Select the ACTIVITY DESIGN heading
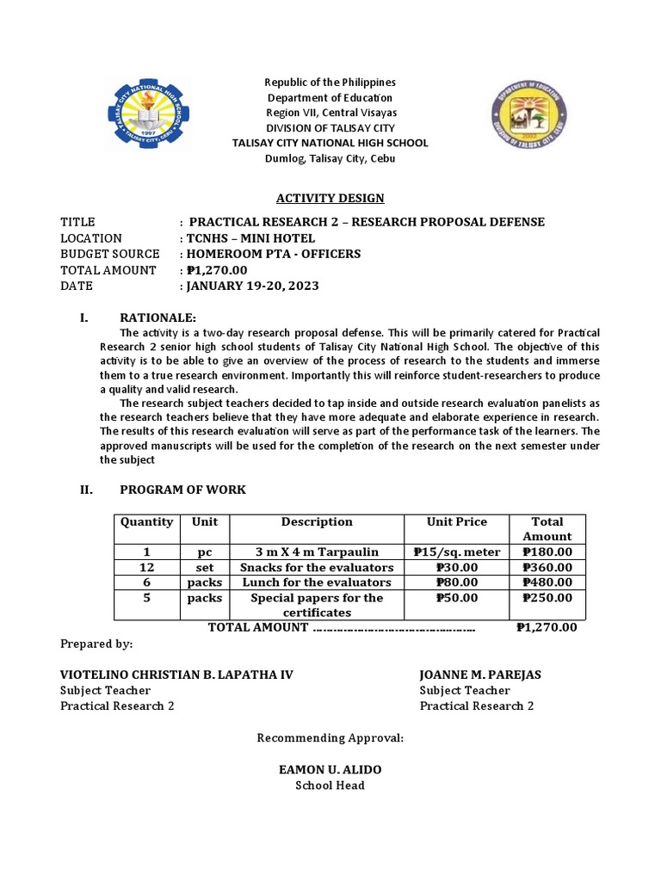(x=330, y=199)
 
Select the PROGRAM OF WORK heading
(x=182, y=490)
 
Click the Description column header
(x=317, y=522)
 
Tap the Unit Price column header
(x=456, y=522)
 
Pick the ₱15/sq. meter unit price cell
(x=456, y=552)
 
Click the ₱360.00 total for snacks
(x=547, y=568)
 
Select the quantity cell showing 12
(x=147, y=568)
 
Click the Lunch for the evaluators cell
(x=317, y=582)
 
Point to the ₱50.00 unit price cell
(x=456, y=598)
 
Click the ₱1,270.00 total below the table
(x=547, y=627)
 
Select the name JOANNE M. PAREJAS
(x=479, y=675)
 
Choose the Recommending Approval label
(x=330, y=738)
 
